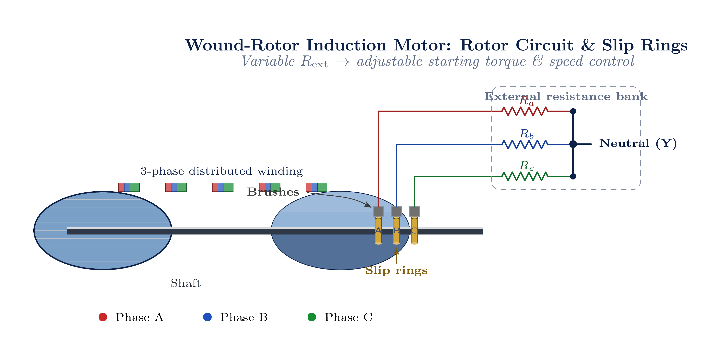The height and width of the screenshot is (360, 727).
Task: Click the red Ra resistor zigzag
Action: [x=525, y=111]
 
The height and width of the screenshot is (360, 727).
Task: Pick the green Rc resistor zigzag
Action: [x=525, y=176]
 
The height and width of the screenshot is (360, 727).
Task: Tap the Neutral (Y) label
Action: [x=638, y=143]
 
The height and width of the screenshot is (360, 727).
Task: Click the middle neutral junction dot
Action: [x=573, y=144]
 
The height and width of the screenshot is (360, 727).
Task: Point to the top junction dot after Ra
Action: [x=573, y=111]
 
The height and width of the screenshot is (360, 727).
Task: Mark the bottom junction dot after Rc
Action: [x=573, y=176]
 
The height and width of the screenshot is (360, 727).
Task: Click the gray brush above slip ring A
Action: [x=378, y=211]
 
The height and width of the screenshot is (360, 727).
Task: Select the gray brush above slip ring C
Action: [x=414, y=211]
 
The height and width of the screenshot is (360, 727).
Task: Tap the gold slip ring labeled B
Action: [x=396, y=230]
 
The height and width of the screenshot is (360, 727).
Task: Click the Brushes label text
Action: [x=273, y=192]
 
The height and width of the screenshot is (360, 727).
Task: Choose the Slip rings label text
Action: [x=396, y=270]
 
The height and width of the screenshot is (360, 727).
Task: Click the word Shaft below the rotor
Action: [x=186, y=283]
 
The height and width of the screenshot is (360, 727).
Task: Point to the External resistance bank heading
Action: [x=566, y=96]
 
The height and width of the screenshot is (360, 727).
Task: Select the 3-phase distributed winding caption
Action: [x=222, y=171]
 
